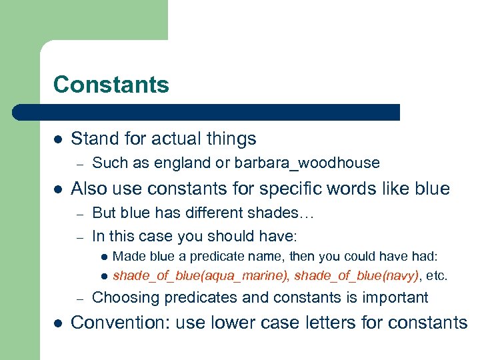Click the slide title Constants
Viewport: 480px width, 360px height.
pos(111,85)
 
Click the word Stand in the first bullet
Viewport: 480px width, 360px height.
pos(93,139)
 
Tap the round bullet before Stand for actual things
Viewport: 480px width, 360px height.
pos(57,139)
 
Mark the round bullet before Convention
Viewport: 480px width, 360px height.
pos(57,323)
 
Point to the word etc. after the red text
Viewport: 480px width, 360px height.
pos(437,275)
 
